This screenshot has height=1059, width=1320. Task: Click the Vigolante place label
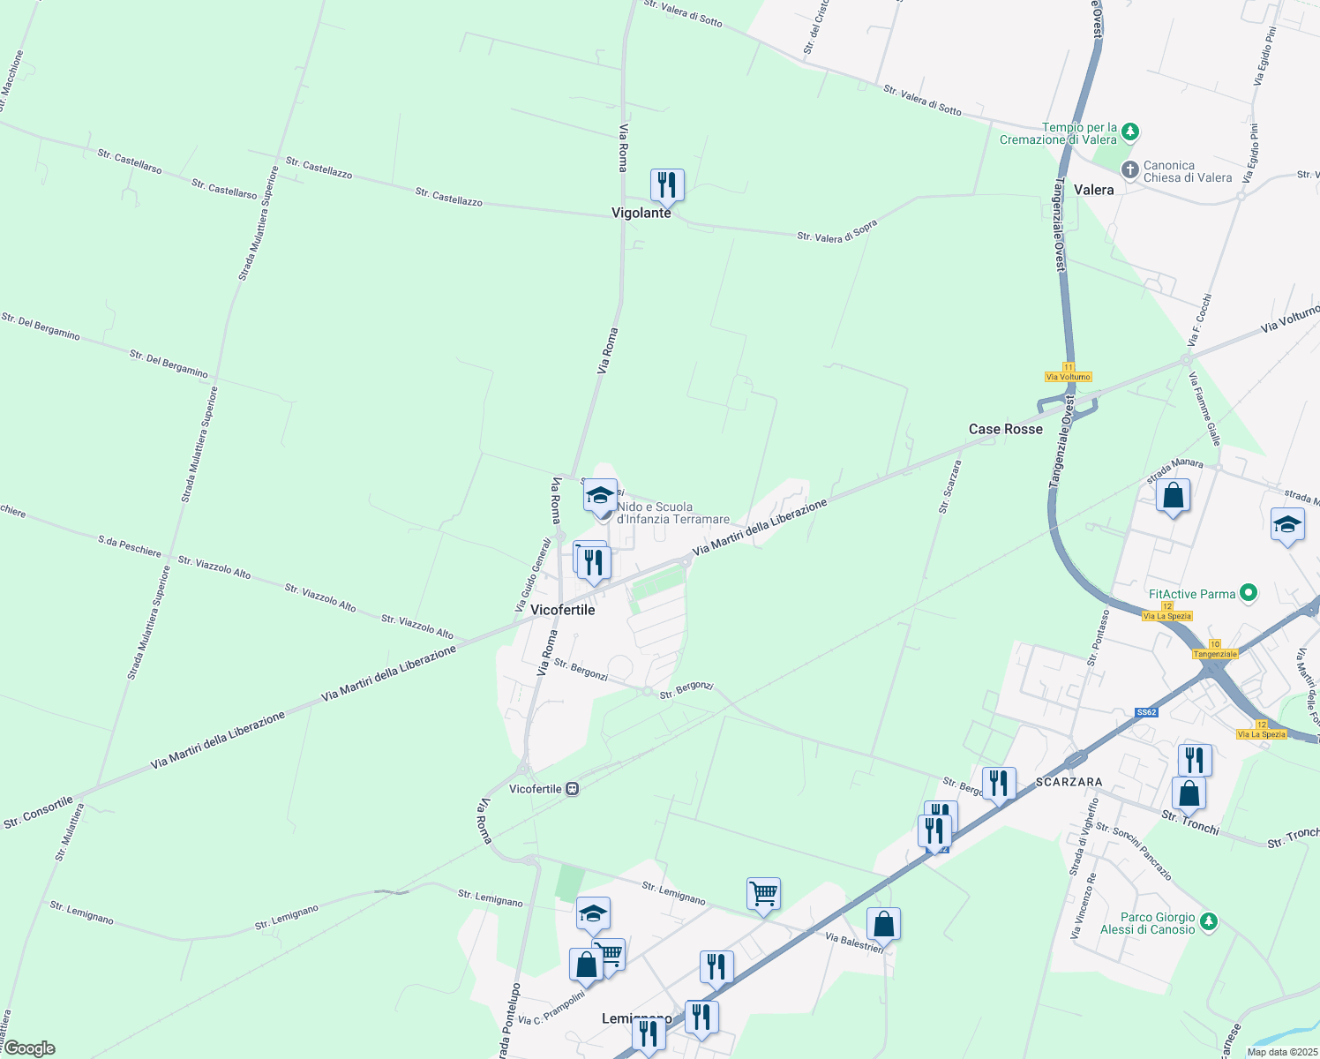[x=641, y=213]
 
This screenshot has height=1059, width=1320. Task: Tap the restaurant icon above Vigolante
[x=667, y=184]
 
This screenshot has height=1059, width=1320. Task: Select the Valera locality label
[x=1094, y=190]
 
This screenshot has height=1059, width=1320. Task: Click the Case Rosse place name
[x=1006, y=429]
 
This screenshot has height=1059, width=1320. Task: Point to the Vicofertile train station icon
[x=573, y=789]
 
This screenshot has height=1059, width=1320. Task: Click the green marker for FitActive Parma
[x=1248, y=593]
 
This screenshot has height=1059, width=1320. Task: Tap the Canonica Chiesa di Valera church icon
[x=1129, y=169]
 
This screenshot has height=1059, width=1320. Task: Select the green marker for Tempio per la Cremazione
[x=1129, y=133]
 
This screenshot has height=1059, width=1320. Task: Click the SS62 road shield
[x=1146, y=712]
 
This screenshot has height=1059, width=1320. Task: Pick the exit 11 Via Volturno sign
[x=1069, y=372]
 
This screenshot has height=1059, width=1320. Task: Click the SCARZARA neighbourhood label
[x=1069, y=782]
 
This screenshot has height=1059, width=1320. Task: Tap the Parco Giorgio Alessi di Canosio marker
[x=1209, y=922]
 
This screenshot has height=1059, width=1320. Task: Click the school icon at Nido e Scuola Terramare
[x=600, y=495]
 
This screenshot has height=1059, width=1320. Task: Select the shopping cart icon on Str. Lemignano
[x=763, y=894]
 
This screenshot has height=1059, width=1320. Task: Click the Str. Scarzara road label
[x=949, y=486]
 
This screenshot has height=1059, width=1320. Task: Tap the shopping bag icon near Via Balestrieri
[x=883, y=924]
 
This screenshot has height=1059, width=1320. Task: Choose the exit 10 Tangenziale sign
[x=1215, y=650]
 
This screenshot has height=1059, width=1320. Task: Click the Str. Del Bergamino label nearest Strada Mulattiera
[x=169, y=362]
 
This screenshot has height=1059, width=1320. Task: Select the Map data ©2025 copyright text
[x=1282, y=1052]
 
